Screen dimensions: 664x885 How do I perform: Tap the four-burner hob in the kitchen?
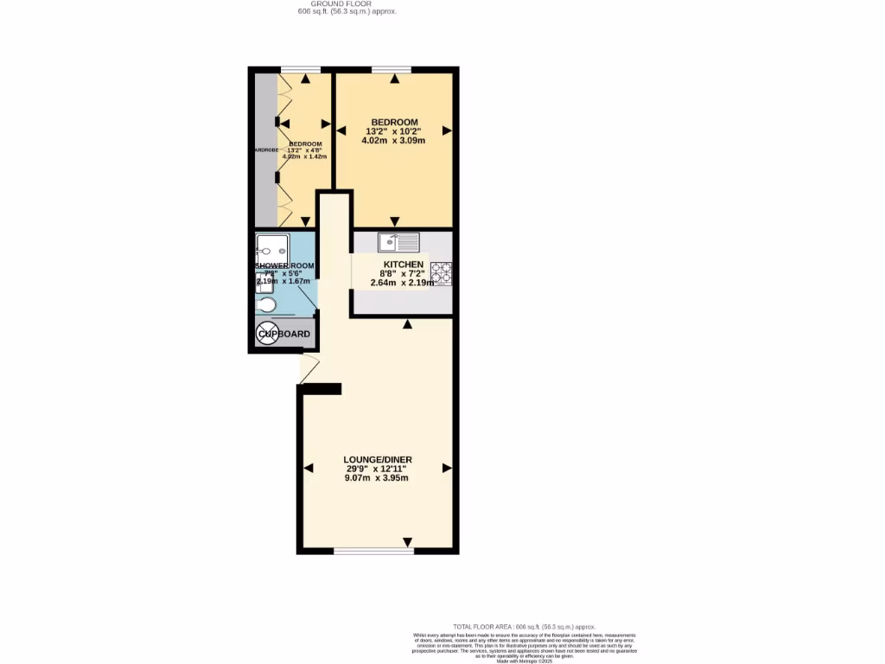click(441, 273)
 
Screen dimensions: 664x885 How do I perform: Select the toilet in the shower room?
click(266, 305)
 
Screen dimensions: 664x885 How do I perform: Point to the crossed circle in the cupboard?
click(267, 334)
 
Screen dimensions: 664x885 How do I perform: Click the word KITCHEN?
click(403, 265)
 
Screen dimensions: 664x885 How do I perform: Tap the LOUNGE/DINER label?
click(377, 459)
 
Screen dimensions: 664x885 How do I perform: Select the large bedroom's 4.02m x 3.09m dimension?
click(394, 141)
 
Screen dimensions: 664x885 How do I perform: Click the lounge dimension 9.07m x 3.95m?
click(377, 478)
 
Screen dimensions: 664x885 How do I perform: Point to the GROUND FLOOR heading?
click(341, 3)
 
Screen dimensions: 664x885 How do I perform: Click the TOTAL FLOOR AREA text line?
click(525, 626)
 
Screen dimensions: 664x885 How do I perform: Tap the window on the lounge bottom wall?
click(372, 551)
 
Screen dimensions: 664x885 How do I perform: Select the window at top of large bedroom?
click(392, 69)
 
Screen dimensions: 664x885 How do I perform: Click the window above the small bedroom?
click(301, 69)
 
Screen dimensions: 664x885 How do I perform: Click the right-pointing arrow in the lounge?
click(447, 468)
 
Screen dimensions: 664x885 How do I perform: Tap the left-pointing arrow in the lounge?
click(309, 468)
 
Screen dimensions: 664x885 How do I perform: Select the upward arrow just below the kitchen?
click(407, 325)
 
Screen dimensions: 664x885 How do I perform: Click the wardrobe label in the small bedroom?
click(264, 150)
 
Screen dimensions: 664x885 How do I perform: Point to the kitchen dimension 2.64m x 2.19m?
click(403, 283)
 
